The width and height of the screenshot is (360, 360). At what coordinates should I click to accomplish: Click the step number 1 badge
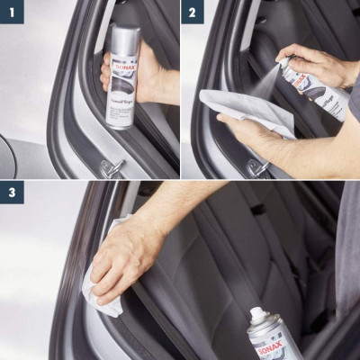(x=12, y=12)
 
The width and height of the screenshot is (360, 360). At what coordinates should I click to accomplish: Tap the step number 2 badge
(x=193, y=12)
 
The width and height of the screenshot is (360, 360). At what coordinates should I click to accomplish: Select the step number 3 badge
(x=12, y=193)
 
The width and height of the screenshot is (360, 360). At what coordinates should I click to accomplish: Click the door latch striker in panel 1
(x=112, y=167)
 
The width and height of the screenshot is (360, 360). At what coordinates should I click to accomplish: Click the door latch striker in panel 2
(x=256, y=166)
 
